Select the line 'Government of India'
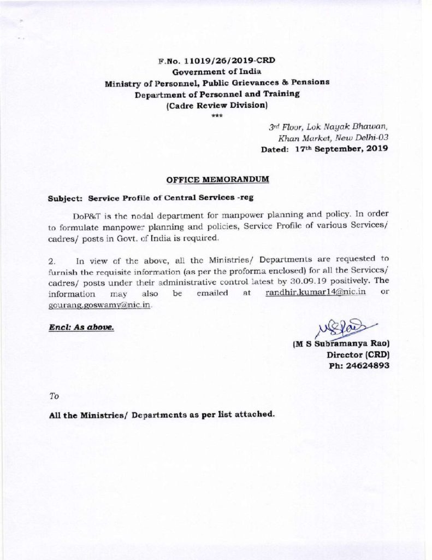(217, 72)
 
